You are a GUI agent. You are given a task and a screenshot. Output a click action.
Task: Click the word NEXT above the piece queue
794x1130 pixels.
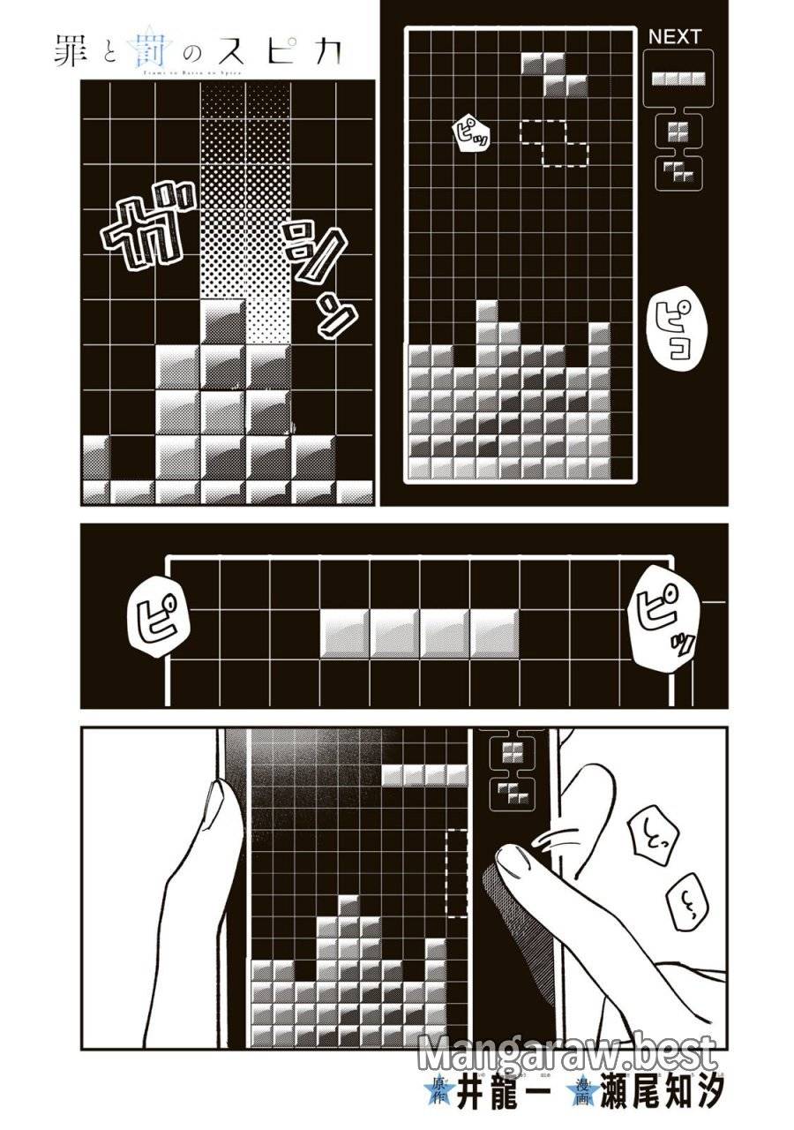click(675, 37)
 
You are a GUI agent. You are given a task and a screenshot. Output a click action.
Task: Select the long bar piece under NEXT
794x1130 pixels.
click(678, 79)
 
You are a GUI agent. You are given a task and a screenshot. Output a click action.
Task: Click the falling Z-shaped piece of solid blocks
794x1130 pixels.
click(556, 73)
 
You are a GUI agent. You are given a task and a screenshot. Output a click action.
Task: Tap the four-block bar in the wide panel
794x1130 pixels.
click(420, 633)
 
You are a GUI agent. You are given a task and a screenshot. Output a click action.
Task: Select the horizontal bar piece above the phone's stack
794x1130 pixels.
click(424, 775)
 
